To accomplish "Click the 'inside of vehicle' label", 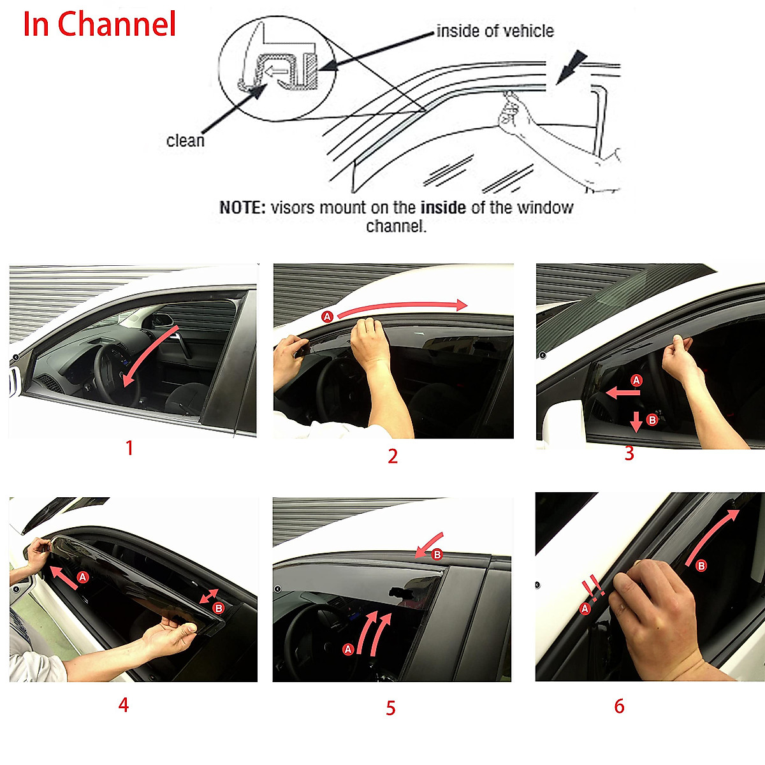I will tap(495, 31).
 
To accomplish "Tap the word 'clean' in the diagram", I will tap(186, 140).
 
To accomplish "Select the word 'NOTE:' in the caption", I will tap(242, 208).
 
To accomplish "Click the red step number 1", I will tap(129, 448).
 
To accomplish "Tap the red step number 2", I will tap(393, 456).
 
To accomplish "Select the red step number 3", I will tap(629, 453).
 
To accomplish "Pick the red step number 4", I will tap(124, 704).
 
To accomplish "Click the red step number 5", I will tap(391, 708).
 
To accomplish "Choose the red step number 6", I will tap(619, 706).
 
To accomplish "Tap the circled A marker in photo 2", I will tap(328, 317).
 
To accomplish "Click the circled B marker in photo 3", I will tap(652, 420).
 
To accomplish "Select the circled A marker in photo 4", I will tap(83, 578).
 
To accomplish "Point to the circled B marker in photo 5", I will tap(437, 555).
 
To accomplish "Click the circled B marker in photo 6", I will tap(701, 565).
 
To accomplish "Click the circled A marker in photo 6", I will tap(585, 609).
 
